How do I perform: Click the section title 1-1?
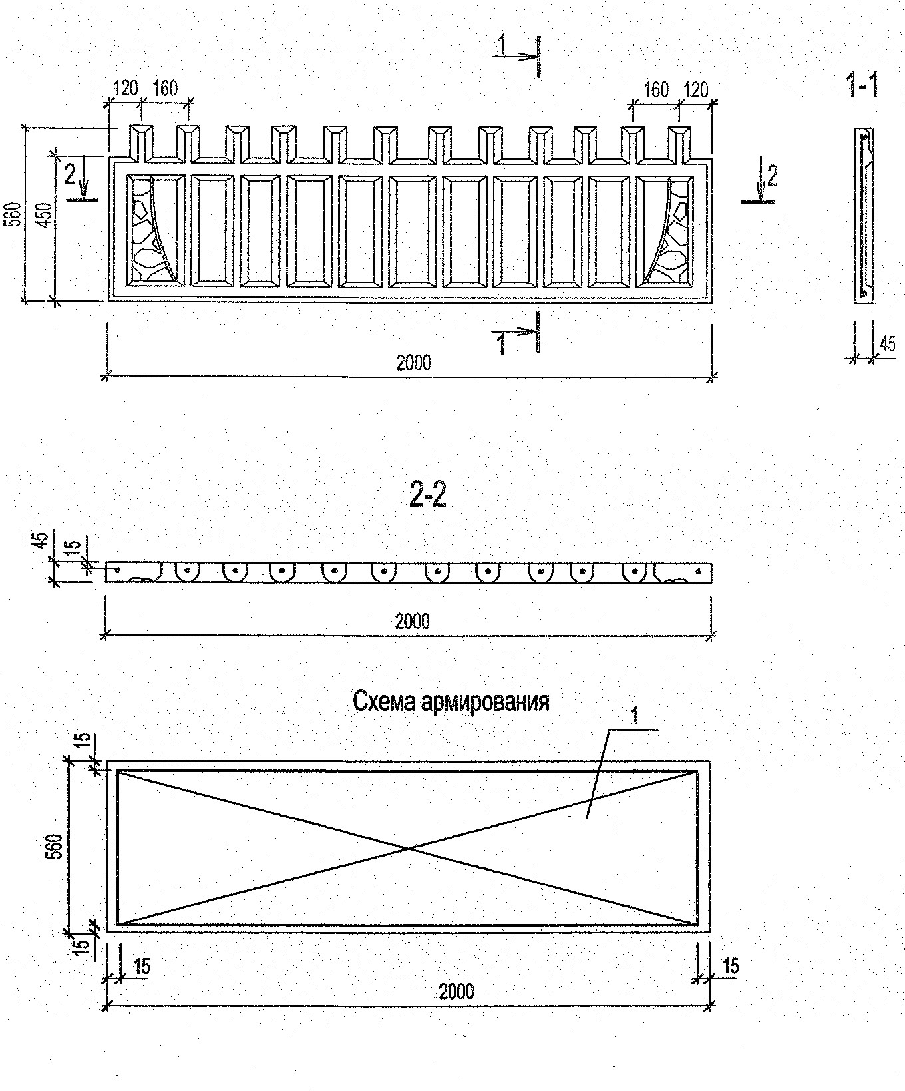(862, 87)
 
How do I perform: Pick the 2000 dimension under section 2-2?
(412, 621)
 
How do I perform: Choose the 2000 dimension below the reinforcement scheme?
(456, 991)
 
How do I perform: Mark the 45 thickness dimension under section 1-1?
(886, 343)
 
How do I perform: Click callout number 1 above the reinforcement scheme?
(634, 716)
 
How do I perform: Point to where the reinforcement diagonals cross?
(409, 848)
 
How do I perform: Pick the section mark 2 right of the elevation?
(771, 176)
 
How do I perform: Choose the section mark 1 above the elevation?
(502, 45)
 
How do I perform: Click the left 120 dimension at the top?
(125, 88)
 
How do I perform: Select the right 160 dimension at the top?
(655, 89)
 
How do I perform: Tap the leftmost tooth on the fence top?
(140, 141)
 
